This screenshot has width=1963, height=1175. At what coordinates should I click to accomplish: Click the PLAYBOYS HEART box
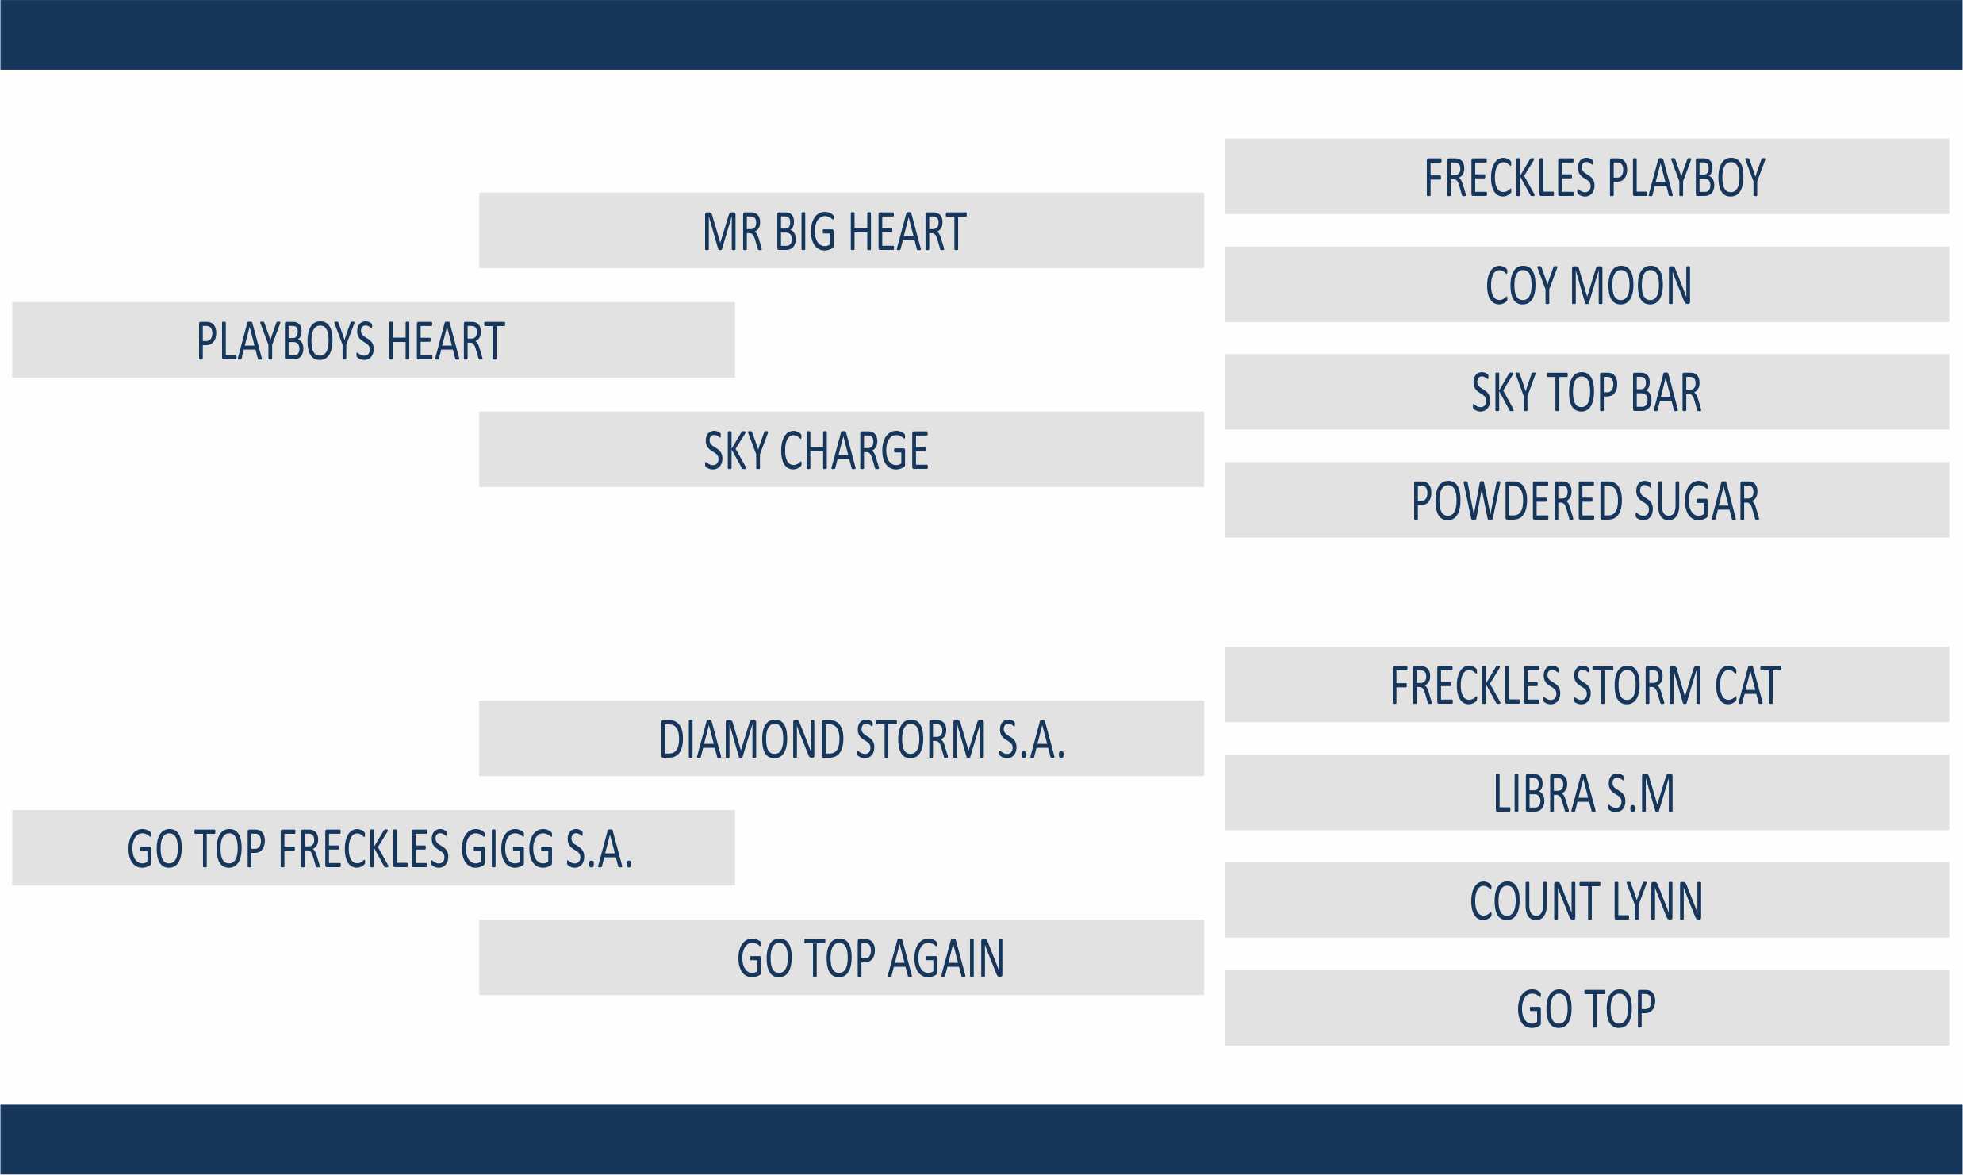pos(374,340)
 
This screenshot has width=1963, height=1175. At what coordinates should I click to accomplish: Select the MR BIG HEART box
pos(842,230)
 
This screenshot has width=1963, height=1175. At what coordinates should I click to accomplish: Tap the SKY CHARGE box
pos(842,449)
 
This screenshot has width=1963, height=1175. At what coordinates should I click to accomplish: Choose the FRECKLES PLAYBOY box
pos(1587,176)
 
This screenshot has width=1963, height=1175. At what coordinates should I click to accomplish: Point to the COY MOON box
pos(1587,284)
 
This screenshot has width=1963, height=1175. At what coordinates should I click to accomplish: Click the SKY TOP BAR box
pos(1587,392)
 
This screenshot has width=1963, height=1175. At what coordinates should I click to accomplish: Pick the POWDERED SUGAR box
pos(1587,500)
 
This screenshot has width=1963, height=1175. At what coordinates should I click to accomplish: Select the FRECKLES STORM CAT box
pos(1587,685)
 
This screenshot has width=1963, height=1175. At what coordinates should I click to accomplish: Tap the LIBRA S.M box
pos(1587,793)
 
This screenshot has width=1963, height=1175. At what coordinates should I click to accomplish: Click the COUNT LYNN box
pos(1587,900)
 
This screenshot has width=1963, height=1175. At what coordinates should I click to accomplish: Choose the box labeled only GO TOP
pos(1587,1008)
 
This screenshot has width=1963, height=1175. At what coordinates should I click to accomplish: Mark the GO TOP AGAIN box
pos(842,958)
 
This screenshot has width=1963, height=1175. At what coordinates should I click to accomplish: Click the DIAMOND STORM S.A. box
pos(842,738)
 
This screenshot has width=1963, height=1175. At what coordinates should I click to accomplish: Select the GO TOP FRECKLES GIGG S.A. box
pos(374,847)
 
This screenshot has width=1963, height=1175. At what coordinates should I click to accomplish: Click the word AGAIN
pos(946,958)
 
